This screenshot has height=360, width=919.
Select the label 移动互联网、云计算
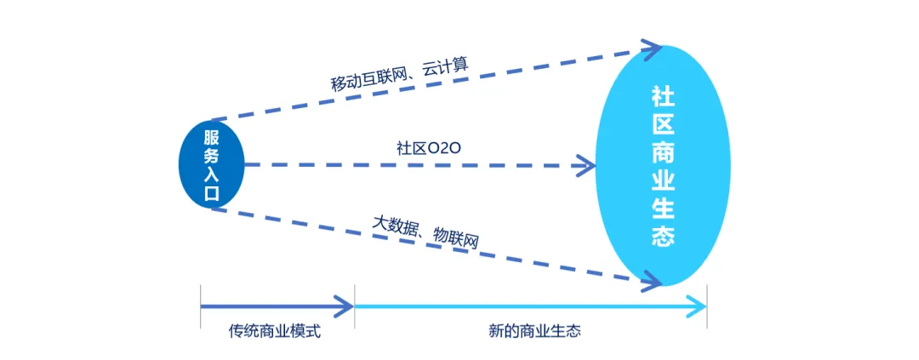point(400,72)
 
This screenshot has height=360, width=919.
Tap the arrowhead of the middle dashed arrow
point(588,164)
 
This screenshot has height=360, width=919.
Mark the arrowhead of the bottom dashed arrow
point(651,278)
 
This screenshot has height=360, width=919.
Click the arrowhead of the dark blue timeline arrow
point(345,304)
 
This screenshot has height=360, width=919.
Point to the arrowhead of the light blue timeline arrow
point(697,304)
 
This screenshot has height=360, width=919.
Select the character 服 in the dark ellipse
point(211,137)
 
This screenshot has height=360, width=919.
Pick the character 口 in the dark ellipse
point(211,193)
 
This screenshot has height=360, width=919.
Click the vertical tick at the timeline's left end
point(200,304)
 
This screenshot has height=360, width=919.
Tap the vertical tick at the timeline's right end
point(707,304)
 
